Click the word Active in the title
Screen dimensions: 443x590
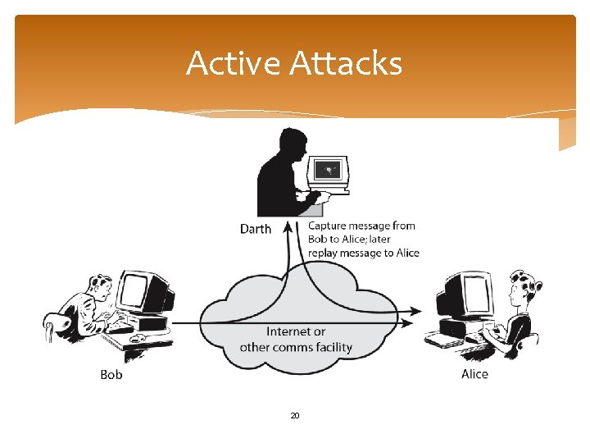click(x=232, y=63)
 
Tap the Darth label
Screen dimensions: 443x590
click(x=255, y=229)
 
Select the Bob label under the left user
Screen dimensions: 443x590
click(x=111, y=374)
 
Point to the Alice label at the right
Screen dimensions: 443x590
click(x=474, y=374)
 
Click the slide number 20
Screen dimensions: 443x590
click(x=295, y=416)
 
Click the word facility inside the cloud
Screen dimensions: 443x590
click(x=330, y=347)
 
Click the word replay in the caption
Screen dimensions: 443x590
click(x=324, y=253)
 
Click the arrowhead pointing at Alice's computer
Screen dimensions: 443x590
click(x=418, y=311)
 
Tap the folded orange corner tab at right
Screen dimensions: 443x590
click(x=567, y=134)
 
